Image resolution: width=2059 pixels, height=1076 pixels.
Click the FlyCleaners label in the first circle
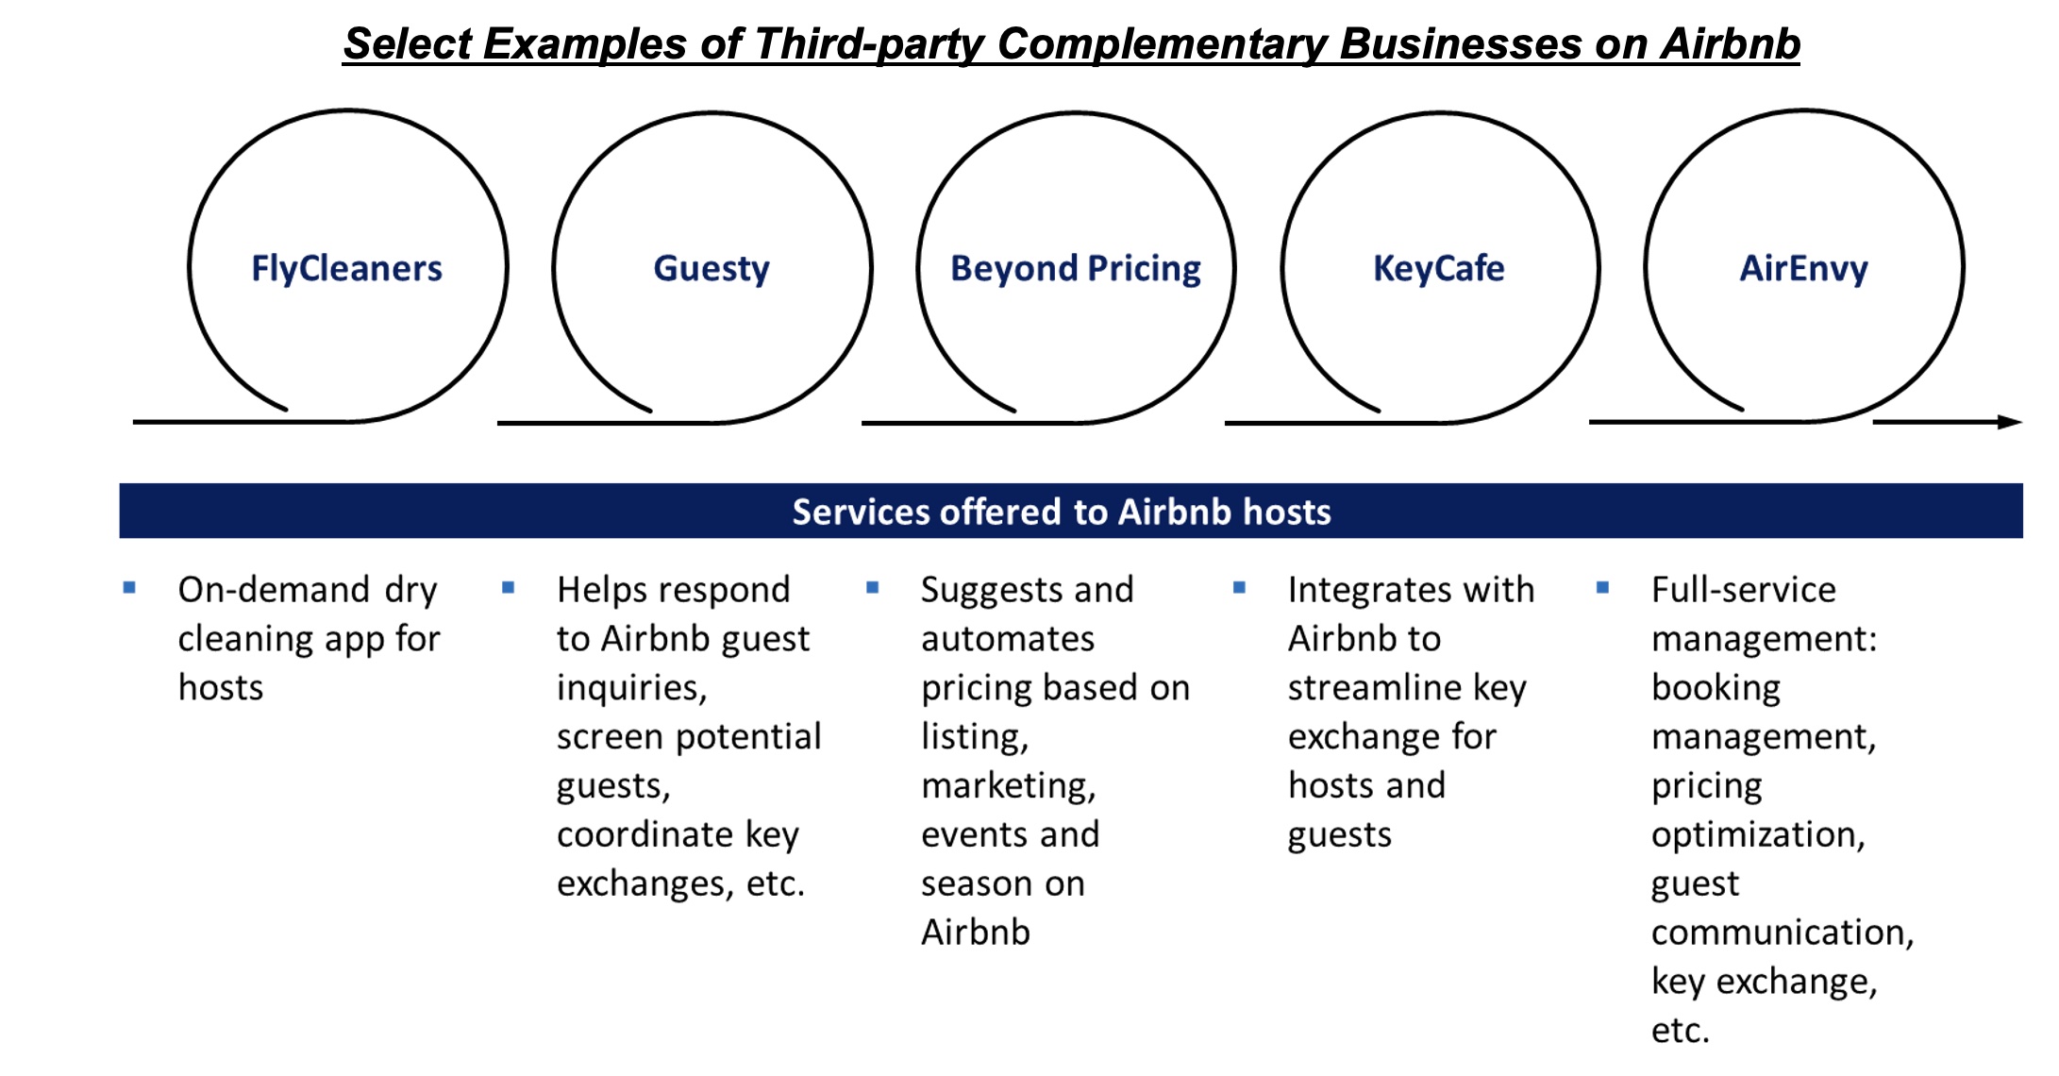coord(346,269)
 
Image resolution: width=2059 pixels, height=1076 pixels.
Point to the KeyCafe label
coord(1439,269)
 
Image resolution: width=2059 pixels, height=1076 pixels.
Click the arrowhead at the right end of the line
coord(2011,422)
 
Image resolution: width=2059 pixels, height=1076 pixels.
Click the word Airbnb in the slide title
coord(1731,43)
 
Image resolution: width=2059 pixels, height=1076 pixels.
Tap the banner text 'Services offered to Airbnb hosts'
coord(1062,512)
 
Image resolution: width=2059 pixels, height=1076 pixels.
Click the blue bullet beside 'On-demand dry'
coord(129,588)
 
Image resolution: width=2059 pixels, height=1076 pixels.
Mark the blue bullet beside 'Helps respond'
coord(508,588)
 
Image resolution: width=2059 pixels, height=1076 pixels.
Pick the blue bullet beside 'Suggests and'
coord(872,588)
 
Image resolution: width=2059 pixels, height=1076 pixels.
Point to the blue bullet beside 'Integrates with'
coord(1239,588)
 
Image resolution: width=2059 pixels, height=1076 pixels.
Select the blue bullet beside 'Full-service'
coord(1602,588)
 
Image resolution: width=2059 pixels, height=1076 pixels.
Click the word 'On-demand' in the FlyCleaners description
coord(274,590)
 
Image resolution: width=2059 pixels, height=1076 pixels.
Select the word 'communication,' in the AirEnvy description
coord(1783,933)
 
